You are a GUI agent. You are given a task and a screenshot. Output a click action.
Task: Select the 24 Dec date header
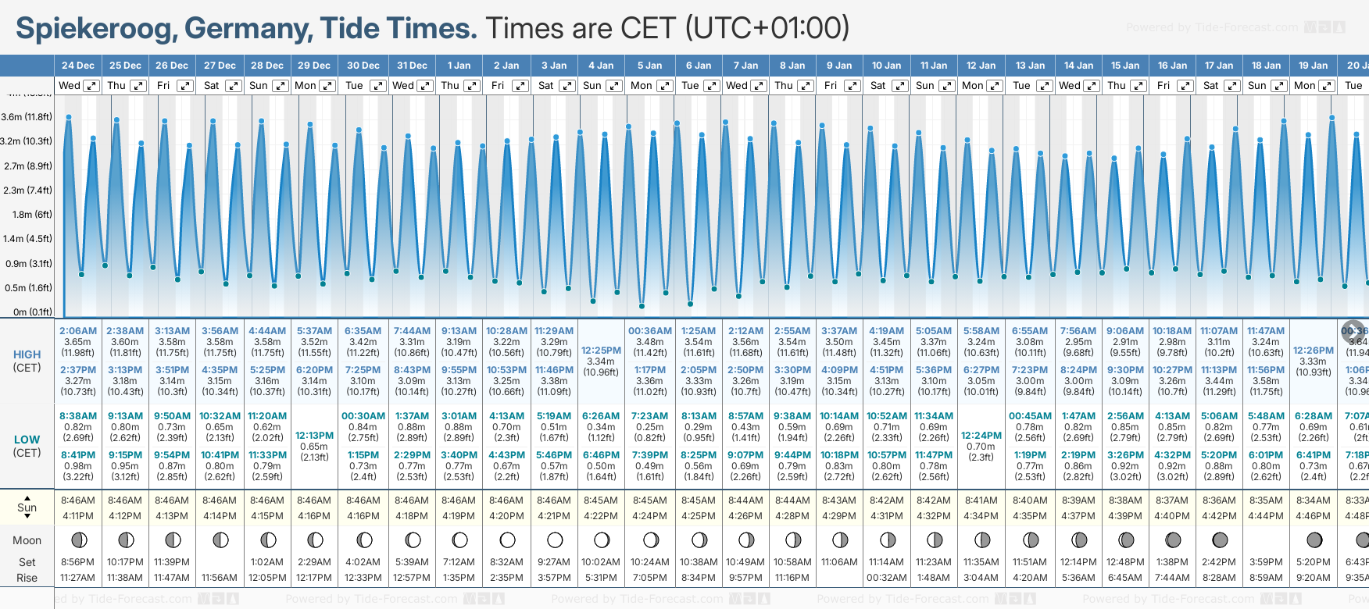pos(78,66)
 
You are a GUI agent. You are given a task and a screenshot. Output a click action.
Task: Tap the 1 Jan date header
pos(459,66)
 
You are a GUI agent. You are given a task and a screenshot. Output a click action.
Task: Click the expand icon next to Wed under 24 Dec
pos(91,86)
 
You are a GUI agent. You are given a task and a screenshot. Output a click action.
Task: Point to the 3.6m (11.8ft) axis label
pos(27,117)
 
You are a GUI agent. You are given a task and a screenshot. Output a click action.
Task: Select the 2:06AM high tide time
pos(78,331)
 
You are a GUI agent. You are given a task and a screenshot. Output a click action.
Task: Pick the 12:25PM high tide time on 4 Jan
pos(602,351)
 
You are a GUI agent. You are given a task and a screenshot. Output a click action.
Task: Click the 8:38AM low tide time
pos(78,416)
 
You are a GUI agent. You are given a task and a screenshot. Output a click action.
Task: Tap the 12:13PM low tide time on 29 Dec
pos(315,436)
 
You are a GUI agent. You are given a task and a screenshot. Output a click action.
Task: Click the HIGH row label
pos(27,354)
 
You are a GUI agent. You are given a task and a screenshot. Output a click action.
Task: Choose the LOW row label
pos(27,440)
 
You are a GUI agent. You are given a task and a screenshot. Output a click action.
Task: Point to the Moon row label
pos(27,540)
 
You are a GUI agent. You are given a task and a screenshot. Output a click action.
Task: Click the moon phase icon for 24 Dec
pos(78,540)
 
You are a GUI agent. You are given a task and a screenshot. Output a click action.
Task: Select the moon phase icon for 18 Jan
pos(1266,540)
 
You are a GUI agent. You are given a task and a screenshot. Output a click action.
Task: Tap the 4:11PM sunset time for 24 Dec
pos(78,516)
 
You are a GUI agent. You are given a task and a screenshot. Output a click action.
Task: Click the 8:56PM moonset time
pos(78,562)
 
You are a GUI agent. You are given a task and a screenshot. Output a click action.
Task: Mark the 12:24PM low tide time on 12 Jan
pos(981,436)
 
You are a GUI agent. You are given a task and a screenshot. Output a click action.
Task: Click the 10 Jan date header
pos(887,66)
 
